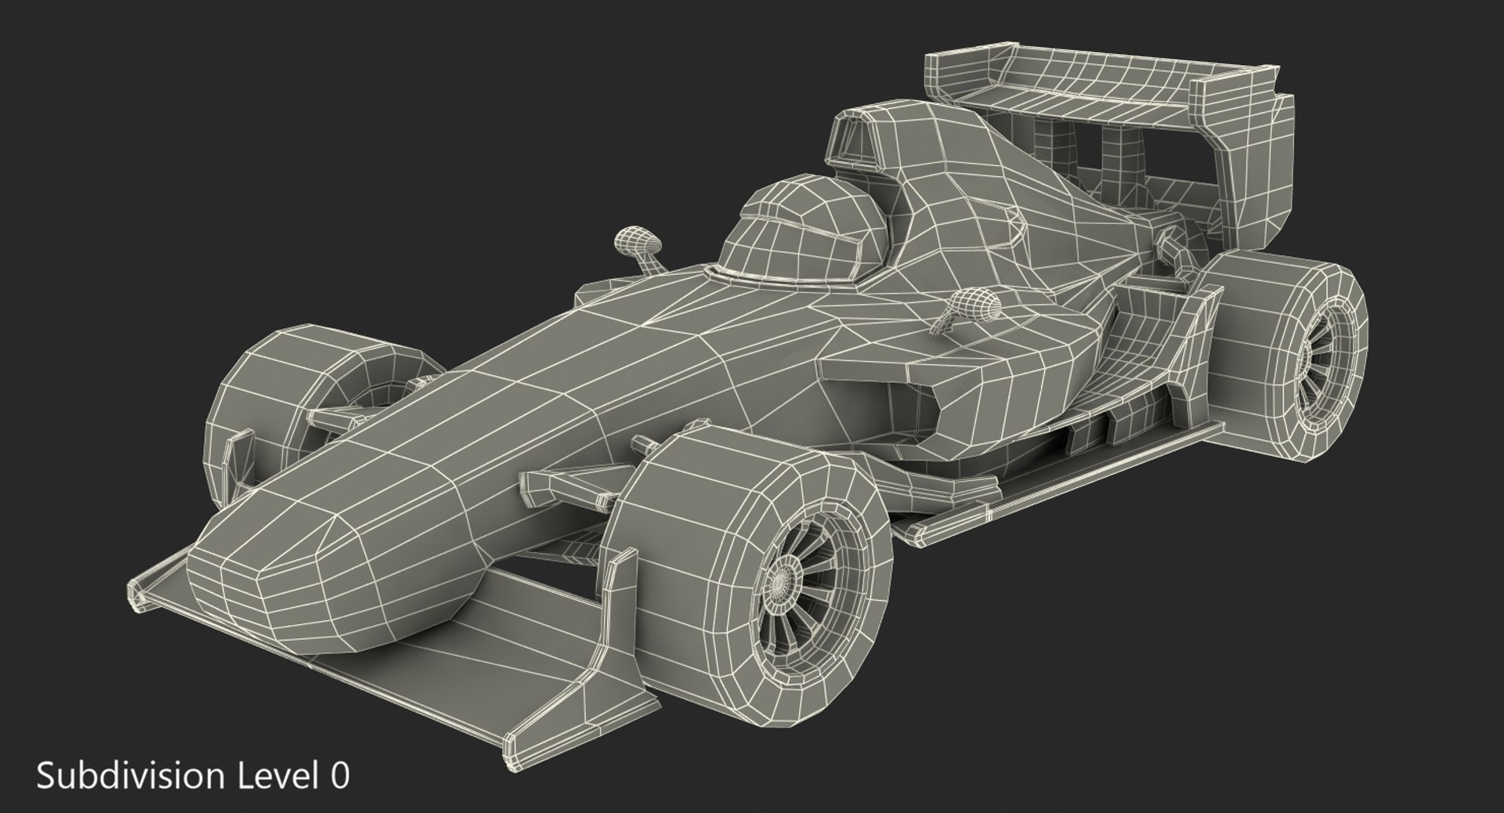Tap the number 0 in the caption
pos(339,776)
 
